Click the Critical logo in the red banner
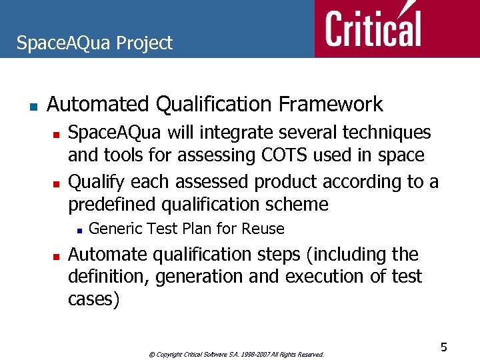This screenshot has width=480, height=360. click(373, 28)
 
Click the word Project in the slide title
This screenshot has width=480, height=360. click(144, 43)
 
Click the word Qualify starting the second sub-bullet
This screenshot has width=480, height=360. click(97, 182)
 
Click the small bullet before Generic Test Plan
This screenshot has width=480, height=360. click(79, 230)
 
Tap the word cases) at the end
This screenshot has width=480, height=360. click(93, 299)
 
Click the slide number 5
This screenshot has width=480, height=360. click(443, 347)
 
